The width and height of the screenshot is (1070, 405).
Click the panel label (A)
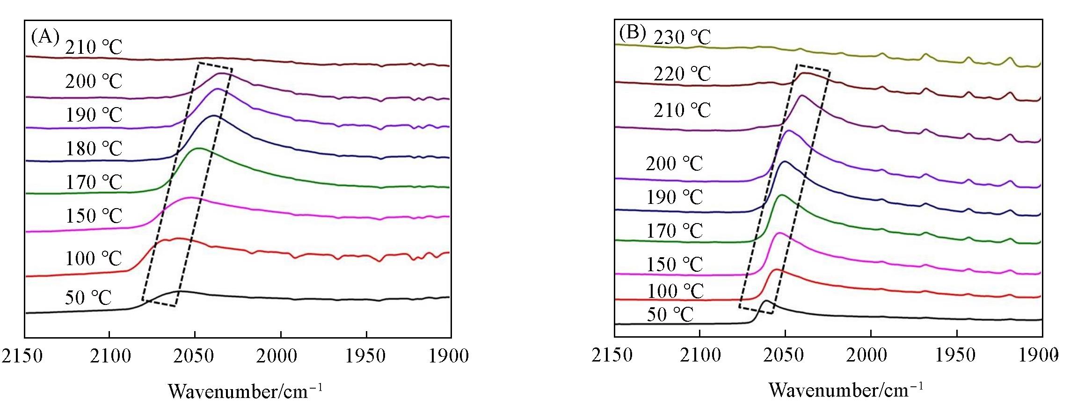45,36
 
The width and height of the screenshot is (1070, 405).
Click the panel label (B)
632,32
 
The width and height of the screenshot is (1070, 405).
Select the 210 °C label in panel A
94,47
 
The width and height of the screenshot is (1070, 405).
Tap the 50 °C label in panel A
88,297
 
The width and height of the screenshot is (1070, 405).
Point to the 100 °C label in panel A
94,258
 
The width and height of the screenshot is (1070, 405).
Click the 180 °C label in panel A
94,149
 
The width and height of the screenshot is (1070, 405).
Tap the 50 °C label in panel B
670,315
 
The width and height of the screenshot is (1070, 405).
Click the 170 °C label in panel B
675,231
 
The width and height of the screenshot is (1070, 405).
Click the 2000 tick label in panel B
871,355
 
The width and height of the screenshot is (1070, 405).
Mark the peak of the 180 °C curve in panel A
214,116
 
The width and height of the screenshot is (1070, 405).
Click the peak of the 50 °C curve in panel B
766,301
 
